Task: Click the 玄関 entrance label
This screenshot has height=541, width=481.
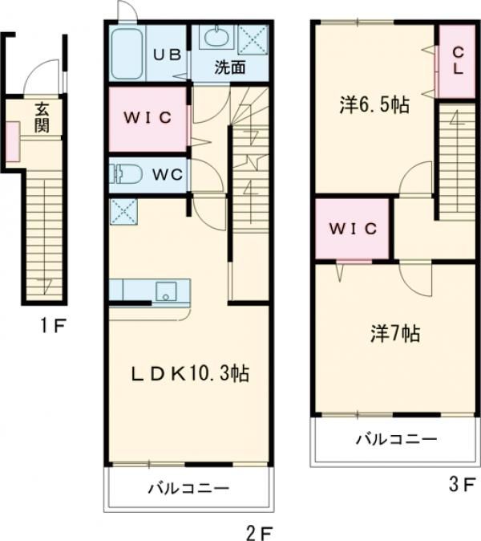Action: click(42, 118)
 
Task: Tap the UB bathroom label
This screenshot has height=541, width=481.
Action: click(167, 55)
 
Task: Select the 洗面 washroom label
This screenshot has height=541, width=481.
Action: click(230, 67)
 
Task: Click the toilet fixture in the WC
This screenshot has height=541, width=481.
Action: click(126, 174)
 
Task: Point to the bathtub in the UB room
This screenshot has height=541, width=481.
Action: click(127, 53)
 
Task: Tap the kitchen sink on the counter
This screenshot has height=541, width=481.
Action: click(166, 291)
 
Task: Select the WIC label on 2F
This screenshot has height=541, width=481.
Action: click(148, 118)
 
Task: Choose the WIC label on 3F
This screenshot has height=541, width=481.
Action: click(353, 229)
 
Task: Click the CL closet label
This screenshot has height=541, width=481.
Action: click(458, 61)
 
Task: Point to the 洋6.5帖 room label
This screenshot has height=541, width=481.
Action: click(374, 105)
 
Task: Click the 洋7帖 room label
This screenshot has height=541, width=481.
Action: click(395, 333)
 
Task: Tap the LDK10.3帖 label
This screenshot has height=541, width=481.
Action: click(190, 373)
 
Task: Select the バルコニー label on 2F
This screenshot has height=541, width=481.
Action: click(189, 488)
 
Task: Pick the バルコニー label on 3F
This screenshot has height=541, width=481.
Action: click(396, 439)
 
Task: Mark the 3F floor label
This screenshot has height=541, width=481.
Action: click(463, 485)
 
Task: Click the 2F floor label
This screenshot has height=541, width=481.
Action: click(260, 533)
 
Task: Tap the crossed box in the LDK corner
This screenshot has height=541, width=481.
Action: click(123, 211)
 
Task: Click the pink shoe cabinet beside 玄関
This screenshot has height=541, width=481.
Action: click(13, 141)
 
